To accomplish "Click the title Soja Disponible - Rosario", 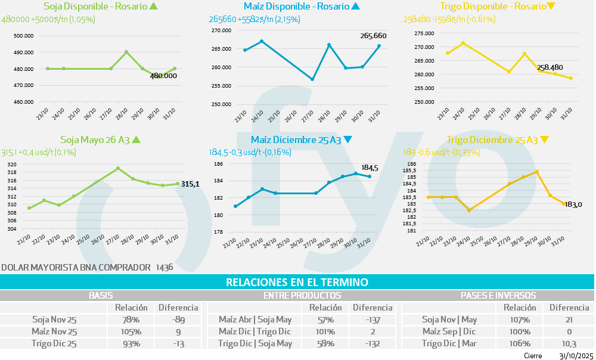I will (x=95, y=7).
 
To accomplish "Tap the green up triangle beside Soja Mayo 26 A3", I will (x=136, y=140).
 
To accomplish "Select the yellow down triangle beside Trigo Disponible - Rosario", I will (x=551, y=7).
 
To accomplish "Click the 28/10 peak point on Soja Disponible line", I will (x=126, y=52).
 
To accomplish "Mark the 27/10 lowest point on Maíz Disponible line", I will (x=312, y=79).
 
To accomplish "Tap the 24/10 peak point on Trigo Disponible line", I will (x=463, y=43).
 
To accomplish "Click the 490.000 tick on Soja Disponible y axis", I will (x=23, y=52).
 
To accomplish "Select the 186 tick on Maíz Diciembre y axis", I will (x=218, y=164).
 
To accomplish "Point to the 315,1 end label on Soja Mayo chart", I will (x=190, y=184).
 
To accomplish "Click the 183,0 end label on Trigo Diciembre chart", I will (x=573, y=205).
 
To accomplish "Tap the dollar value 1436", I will (x=164, y=268).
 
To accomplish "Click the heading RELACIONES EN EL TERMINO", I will (x=297, y=282).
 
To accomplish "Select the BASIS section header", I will (x=101, y=295).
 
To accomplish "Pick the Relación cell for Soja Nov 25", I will (x=127, y=319).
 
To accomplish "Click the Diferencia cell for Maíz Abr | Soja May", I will (x=372, y=319).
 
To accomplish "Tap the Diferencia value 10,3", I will (x=569, y=343).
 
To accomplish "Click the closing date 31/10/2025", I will (x=576, y=356).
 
